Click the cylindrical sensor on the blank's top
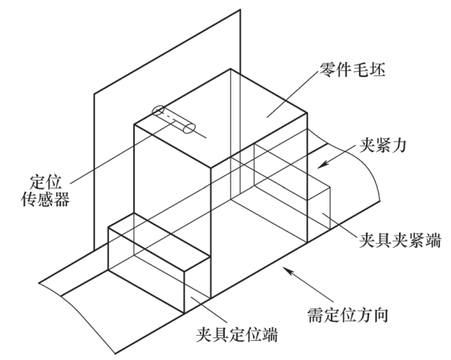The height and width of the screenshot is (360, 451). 174,120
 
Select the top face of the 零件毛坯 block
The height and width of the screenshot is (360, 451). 220,117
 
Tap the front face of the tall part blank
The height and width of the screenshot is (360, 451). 172,198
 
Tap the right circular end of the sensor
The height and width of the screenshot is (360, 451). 190,130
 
